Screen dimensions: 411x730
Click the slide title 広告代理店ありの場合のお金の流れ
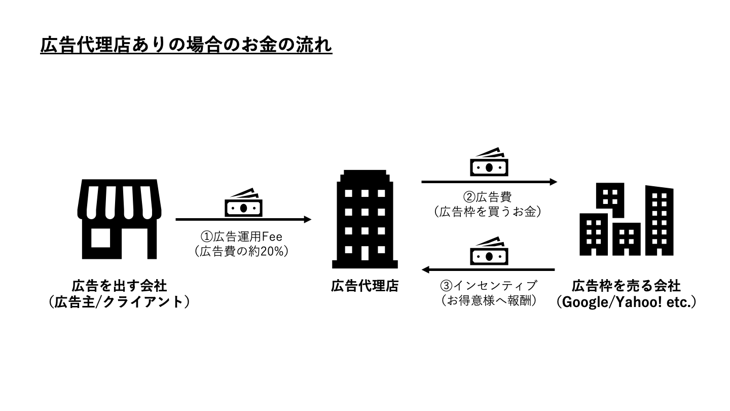point(186,45)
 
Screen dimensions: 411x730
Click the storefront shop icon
point(119,219)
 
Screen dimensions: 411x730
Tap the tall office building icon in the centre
point(364,219)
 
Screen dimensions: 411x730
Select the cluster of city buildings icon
point(626,220)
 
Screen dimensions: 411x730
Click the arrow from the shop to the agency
point(243,220)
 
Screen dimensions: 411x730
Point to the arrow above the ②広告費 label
point(489,182)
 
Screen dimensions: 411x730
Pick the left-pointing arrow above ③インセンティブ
point(489,269)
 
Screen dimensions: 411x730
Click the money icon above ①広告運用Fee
point(244,203)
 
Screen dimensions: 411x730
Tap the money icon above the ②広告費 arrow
point(489,162)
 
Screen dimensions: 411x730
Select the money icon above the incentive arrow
point(489,251)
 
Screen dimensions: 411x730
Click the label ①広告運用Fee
point(241,236)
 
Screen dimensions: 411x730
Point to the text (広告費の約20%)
point(241,251)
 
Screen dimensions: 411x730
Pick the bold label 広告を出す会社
point(119,286)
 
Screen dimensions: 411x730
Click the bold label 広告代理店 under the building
point(364,286)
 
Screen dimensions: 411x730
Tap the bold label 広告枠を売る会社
point(626,286)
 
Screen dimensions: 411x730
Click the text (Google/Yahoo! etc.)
point(626,302)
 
